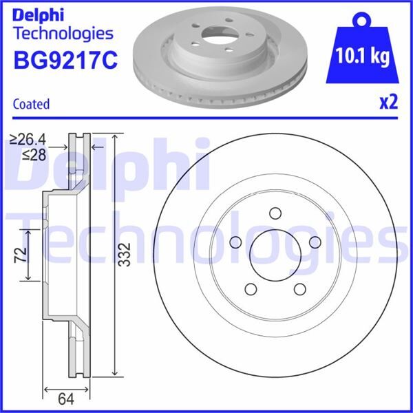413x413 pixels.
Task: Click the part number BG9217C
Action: pyautogui.click(x=65, y=61)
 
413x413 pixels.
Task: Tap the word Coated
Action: pyautogui.click(x=32, y=105)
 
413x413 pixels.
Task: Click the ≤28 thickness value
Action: pyautogui.click(x=34, y=155)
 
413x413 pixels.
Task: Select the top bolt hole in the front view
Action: pyautogui.click(x=276, y=213)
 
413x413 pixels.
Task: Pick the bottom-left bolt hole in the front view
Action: pyautogui.click(x=251, y=288)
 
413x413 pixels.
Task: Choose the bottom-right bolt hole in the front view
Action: pyautogui.click(x=301, y=288)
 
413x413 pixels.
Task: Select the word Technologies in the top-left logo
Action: pyautogui.click(x=63, y=32)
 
